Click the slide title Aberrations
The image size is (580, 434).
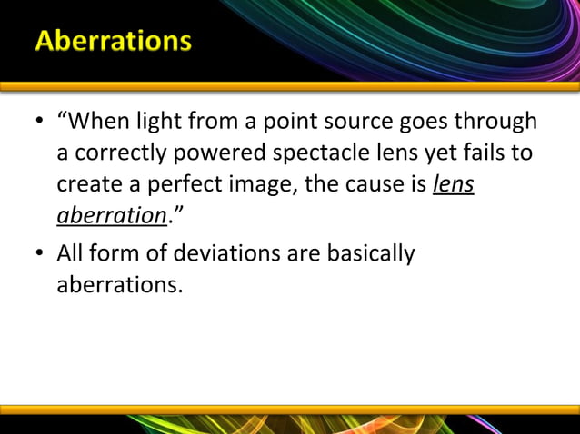tap(114, 42)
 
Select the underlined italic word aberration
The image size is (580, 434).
tap(105, 219)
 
